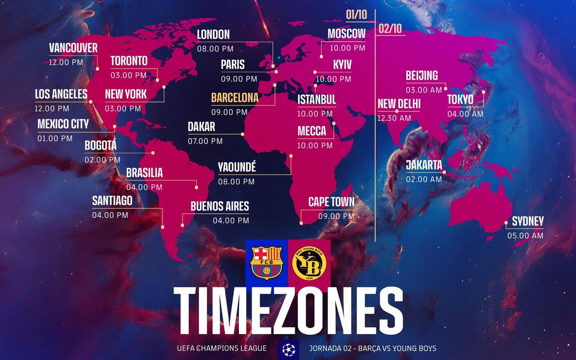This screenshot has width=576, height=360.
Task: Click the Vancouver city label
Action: [73, 48]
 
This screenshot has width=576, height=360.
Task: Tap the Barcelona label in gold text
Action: [235, 98]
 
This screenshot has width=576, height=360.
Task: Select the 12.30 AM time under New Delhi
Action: [394, 118]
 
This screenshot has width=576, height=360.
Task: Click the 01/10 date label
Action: [356, 15]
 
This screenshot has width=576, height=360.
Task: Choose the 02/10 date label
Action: [390, 29]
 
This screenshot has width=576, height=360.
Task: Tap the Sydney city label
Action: [528, 221]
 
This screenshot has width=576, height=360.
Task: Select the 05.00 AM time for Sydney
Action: [525, 236]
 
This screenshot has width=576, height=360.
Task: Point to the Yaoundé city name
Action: [237, 168]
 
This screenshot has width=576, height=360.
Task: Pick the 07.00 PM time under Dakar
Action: [205, 141]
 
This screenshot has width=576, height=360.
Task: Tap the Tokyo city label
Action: [460, 99]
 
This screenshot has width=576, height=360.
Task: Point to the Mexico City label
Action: [63, 124]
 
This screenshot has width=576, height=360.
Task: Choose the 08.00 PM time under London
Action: [215, 48]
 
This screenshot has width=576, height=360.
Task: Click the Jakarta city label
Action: [424, 165]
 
